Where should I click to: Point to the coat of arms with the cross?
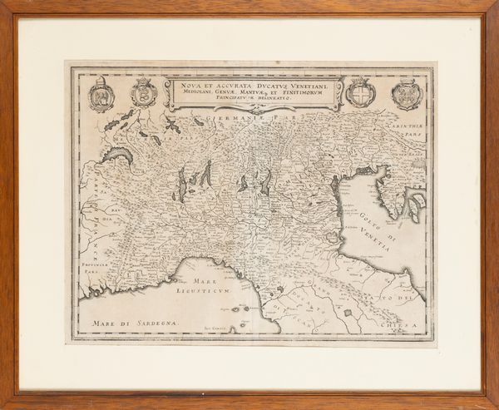(360, 92)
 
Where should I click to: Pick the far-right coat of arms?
(407, 94)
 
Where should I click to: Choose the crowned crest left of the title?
(144, 92)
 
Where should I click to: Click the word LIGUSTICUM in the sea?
(200, 293)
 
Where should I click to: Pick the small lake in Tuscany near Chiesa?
(348, 312)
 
